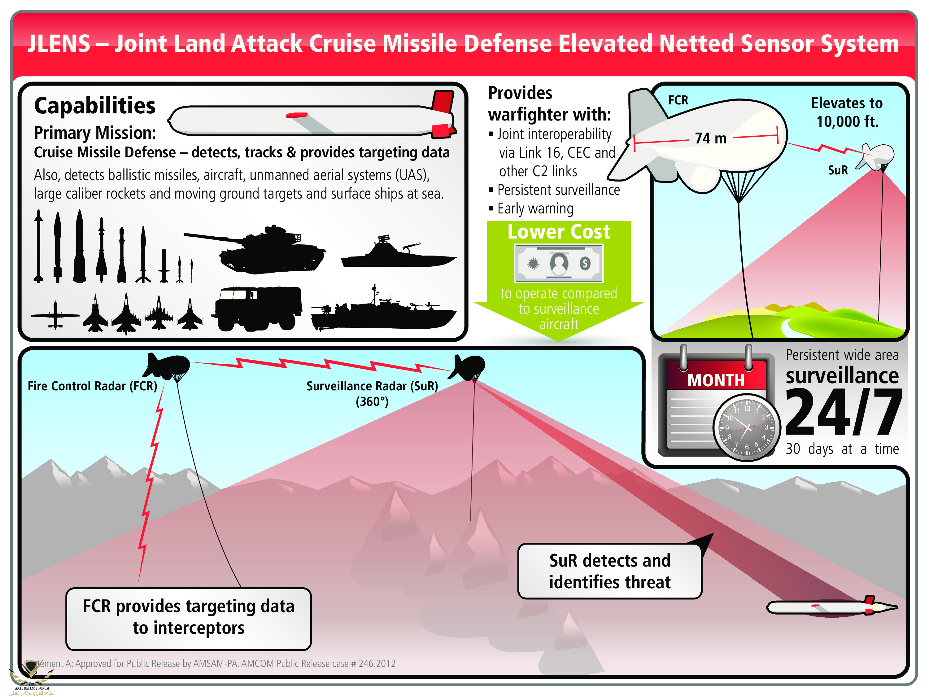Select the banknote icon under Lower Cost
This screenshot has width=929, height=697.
pos(559,263)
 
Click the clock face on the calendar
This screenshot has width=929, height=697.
pos(747,428)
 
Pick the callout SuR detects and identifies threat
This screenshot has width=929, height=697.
pos(609,571)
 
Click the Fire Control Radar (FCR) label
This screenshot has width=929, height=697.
pos(92,386)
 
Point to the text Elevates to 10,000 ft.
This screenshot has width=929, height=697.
pos(847,112)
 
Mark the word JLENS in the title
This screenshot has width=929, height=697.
pos(59,44)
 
